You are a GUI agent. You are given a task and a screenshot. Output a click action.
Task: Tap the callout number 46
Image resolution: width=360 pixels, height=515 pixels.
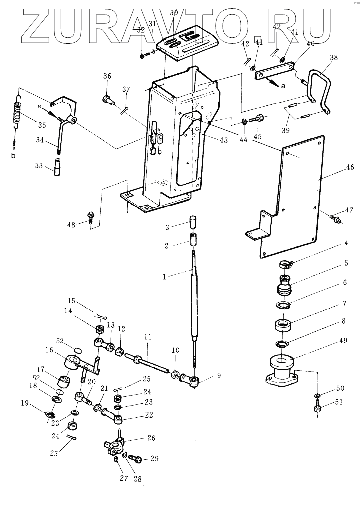click(x=350, y=167)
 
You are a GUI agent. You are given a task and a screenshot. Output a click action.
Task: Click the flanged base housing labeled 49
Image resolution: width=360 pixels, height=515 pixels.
click(x=282, y=370)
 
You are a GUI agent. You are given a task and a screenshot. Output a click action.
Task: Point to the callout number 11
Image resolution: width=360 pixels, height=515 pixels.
click(x=147, y=337)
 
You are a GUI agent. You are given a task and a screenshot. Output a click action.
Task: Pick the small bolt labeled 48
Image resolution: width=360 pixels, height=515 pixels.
click(x=90, y=217)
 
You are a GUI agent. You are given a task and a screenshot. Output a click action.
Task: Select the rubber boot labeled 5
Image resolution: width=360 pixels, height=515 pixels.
click(x=283, y=283)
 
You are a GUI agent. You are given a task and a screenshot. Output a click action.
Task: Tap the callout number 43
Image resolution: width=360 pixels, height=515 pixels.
click(x=223, y=140)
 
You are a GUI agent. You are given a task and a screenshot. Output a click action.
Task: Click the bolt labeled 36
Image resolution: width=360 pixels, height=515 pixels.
click(x=109, y=99)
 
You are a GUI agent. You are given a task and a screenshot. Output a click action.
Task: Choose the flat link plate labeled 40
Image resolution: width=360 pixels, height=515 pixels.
click(x=275, y=70)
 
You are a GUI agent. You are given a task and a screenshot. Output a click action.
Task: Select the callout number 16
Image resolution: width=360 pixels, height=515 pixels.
click(x=49, y=350)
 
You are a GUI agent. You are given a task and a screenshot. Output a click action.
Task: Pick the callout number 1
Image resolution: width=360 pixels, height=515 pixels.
click(x=165, y=277)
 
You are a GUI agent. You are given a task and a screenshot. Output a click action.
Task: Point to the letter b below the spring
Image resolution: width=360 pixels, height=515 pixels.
click(x=13, y=156)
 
